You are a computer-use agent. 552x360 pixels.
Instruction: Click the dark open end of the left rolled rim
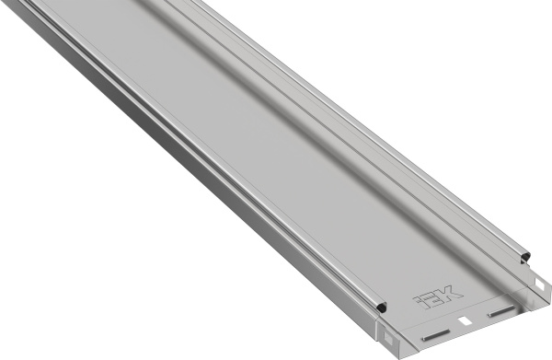click(382, 306)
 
